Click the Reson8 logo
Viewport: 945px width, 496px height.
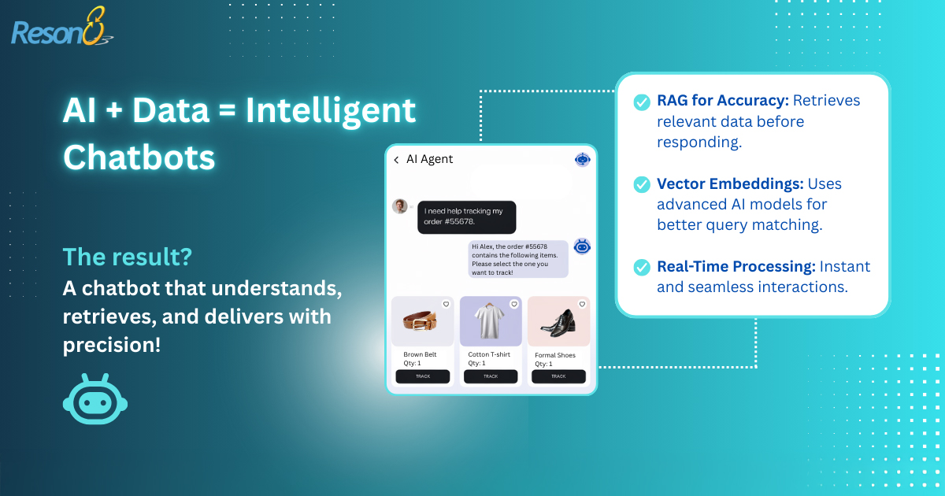pos(62,27)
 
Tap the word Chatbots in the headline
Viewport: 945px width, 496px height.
pos(139,157)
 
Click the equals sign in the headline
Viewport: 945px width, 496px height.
pos(228,110)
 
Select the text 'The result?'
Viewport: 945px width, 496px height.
pos(128,257)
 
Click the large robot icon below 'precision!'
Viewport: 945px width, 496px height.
pos(95,398)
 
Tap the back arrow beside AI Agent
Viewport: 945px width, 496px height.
pos(396,160)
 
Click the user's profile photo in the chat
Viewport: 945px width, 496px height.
pos(399,206)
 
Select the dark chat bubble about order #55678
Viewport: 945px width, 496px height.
pos(466,217)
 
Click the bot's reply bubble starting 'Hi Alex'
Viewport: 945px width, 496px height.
pos(518,259)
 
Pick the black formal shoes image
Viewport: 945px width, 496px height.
pos(558,323)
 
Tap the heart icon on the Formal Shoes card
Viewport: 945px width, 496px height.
pos(582,304)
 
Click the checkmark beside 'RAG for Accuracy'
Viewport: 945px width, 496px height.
pos(642,102)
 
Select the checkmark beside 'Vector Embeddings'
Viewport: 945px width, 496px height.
pos(642,184)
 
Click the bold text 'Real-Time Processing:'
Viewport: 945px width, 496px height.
pos(736,267)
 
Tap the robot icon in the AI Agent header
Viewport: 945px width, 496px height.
pos(583,159)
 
